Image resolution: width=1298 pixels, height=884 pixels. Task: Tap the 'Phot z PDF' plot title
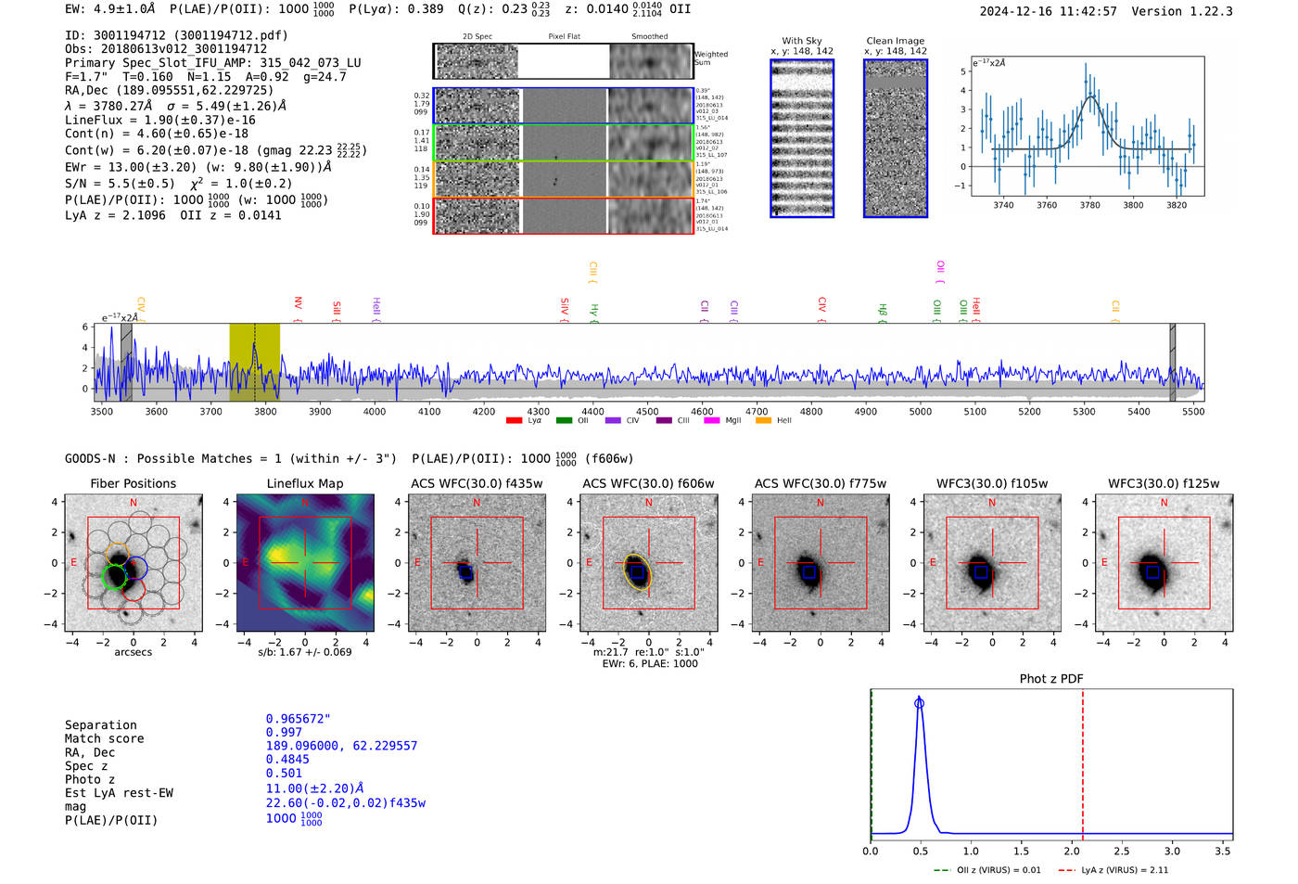tap(1051, 679)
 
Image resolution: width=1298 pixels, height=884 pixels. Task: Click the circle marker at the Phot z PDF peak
tap(919, 703)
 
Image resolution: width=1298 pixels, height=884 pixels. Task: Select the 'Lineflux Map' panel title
tap(304, 483)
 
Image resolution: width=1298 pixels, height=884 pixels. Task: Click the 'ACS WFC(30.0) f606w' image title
tap(648, 483)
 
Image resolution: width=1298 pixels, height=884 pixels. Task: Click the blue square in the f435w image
tap(465, 572)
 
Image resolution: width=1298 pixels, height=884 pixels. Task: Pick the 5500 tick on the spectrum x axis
tap(1193, 411)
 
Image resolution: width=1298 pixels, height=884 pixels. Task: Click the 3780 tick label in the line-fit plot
tap(1089, 205)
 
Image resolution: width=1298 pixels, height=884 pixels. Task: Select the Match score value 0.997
tap(284, 733)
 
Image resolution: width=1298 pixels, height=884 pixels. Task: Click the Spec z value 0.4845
tap(287, 760)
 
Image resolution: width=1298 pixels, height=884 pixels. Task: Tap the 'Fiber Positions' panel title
tap(133, 483)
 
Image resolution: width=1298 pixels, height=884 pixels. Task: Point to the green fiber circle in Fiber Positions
tap(113, 577)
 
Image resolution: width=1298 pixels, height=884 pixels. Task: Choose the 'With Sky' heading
tap(801, 41)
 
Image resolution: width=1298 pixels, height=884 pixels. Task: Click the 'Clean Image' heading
tap(895, 41)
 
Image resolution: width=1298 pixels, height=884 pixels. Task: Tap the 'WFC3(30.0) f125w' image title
tap(1164, 483)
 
